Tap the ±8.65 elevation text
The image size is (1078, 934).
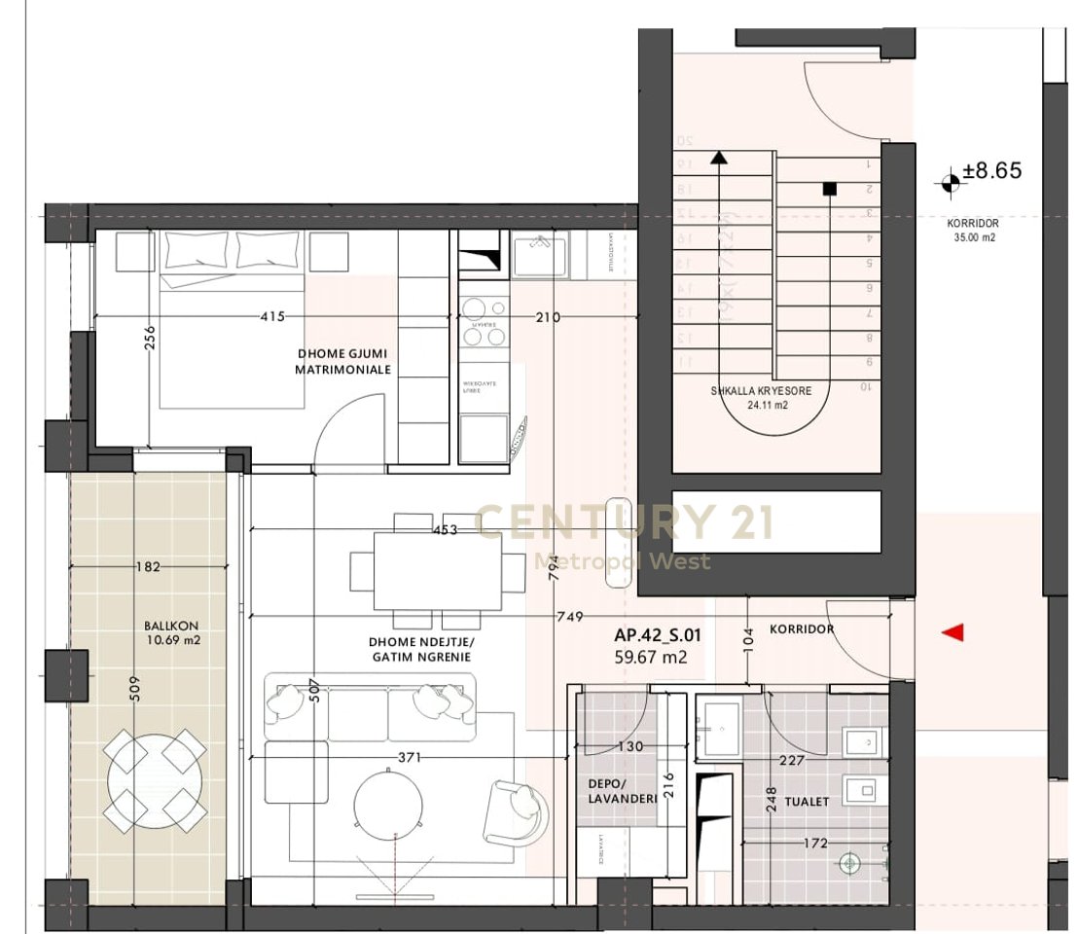click(992, 171)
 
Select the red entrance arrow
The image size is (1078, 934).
click(953, 633)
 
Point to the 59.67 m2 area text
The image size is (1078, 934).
click(651, 658)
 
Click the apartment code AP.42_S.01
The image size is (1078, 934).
click(658, 636)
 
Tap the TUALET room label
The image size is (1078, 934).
click(809, 802)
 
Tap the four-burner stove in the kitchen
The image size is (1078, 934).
click(484, 322)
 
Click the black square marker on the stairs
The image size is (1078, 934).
click(829, 190)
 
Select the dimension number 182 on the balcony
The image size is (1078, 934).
click(149, 566)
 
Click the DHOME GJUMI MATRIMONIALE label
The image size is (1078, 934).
click(344, 362)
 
